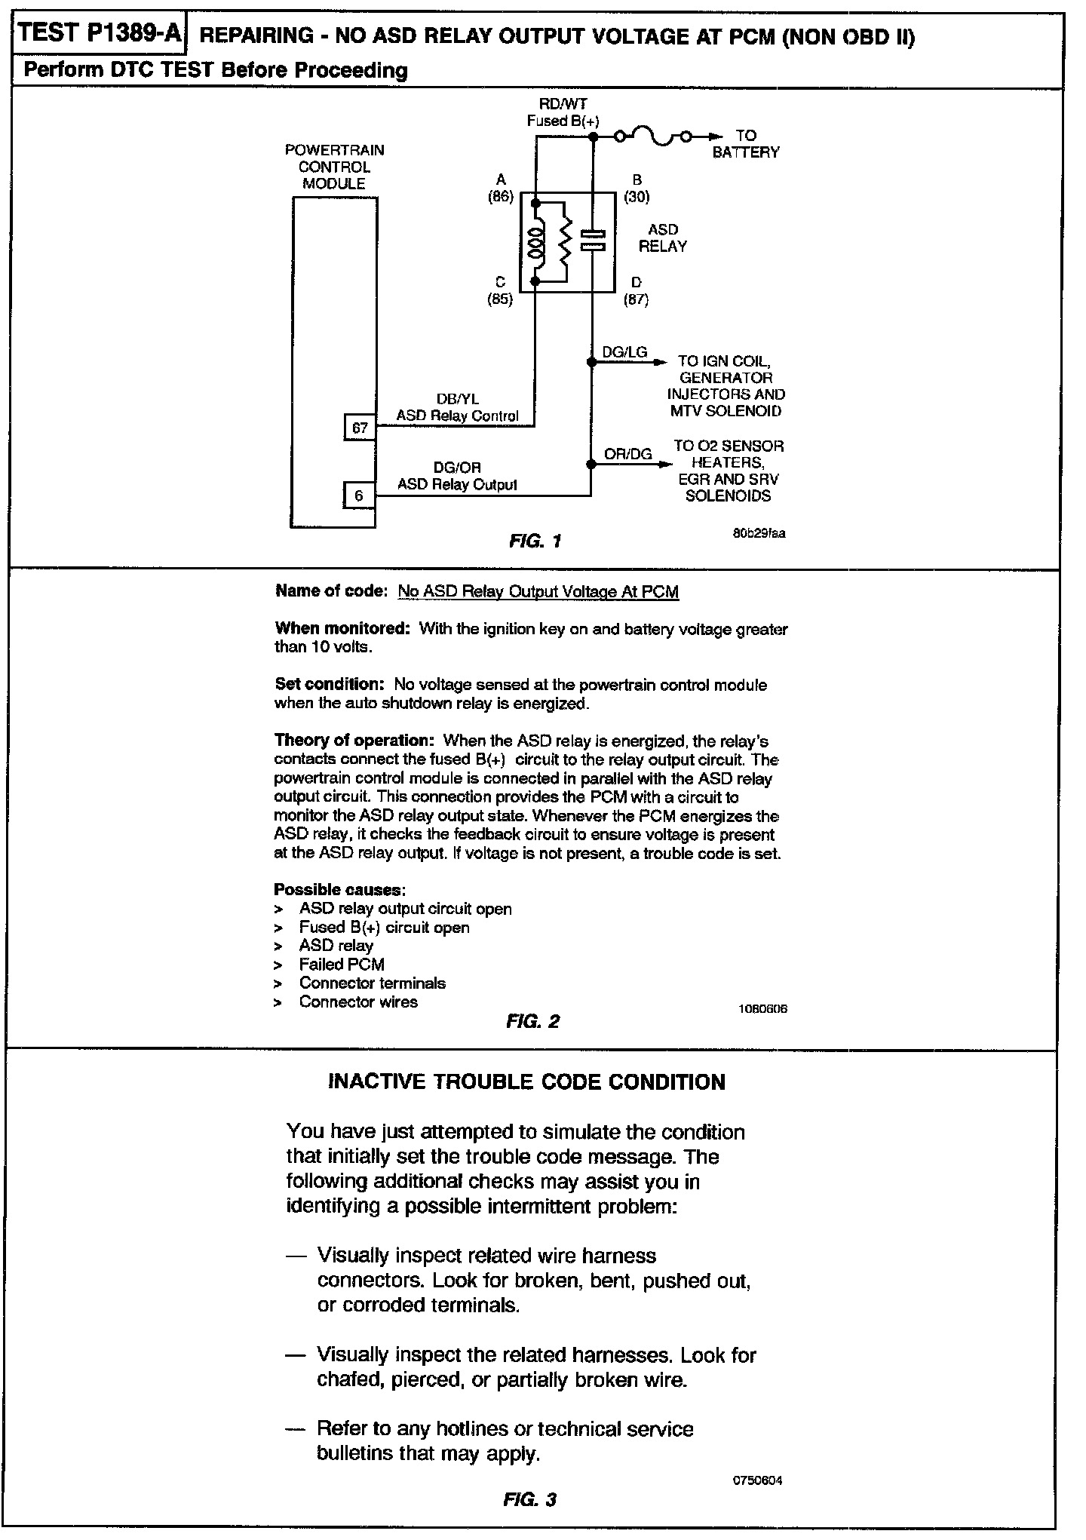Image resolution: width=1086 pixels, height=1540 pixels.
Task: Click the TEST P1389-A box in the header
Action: coord(98,34)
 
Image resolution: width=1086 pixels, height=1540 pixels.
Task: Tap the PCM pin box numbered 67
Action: coord(360,428)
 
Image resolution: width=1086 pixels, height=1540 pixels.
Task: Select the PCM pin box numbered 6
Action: coord(359,495)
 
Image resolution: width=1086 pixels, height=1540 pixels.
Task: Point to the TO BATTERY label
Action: coord(745,144)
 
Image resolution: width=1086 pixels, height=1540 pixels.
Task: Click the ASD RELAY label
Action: coord(662,238)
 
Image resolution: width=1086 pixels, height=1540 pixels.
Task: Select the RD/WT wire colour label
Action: coord(563,104)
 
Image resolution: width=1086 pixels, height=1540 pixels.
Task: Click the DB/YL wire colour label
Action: coord(457,399)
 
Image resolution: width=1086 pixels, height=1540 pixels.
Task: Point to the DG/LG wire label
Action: coord(624,352)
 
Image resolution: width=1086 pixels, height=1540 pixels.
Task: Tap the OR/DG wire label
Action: coord(627,454)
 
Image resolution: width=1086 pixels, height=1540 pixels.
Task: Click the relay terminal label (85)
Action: coord(500,299)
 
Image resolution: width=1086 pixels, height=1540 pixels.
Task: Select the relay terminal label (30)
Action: coord(637,197)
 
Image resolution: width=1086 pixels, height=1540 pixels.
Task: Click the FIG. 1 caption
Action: coord(535,541)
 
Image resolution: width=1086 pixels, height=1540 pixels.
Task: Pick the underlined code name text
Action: coord(538,592)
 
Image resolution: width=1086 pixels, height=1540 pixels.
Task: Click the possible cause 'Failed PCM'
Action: coord(342,964)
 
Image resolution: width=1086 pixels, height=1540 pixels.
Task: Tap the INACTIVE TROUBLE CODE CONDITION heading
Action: coord(527,1082)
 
